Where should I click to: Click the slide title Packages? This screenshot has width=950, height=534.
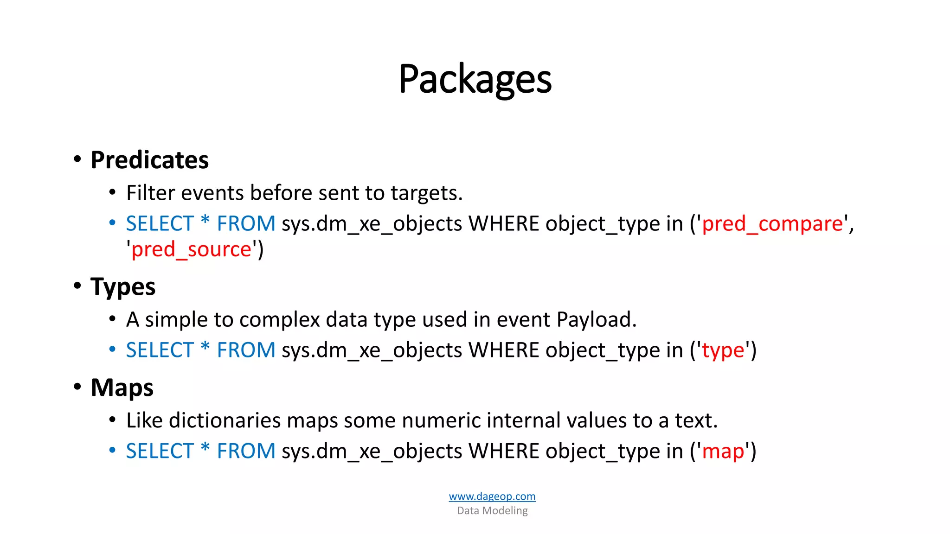[475, 79]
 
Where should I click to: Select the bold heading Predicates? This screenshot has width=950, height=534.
[149, 160]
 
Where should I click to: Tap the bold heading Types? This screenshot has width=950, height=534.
[123, 287]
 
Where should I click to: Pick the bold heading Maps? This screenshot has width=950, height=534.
[122, 388]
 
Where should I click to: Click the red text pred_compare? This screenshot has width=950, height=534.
[772, 224]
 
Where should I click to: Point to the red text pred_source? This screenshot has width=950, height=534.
[191, 250]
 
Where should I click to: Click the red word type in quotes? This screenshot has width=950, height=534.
[723, 350]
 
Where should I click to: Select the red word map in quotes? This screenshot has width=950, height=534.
[723, 451]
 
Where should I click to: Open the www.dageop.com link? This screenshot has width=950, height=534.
[492, 496]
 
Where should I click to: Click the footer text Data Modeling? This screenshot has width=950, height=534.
[492, 511]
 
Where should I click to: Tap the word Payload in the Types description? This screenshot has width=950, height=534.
[596, 320]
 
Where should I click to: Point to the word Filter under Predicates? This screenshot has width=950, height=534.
[151, 193]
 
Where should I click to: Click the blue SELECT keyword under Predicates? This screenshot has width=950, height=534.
[160, 224]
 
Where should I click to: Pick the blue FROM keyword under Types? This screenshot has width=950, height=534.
[246, 350]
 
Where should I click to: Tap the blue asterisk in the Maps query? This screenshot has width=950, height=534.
[205, 449]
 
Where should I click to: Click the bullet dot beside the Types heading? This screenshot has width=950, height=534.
[77, 286]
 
